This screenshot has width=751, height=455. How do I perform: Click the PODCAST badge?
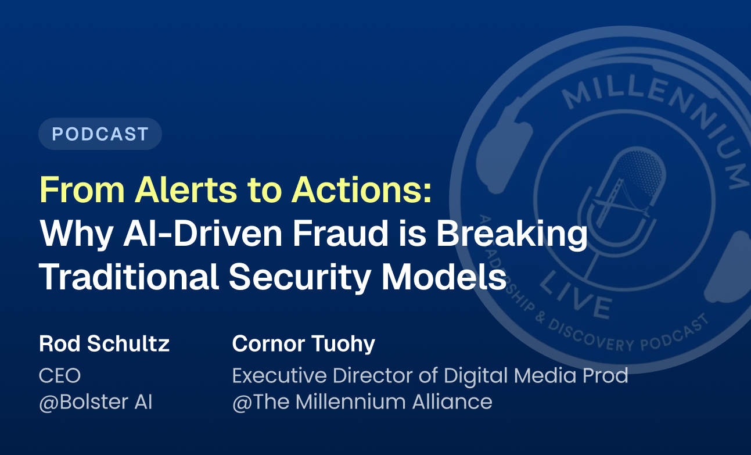100,134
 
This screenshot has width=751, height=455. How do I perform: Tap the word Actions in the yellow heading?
364,189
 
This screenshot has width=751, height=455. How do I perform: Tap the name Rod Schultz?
104,344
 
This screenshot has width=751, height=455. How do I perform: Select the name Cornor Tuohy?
303,344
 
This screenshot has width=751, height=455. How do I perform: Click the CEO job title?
59,375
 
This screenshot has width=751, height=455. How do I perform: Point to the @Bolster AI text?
95,402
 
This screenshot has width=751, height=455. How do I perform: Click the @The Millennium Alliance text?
362,402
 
